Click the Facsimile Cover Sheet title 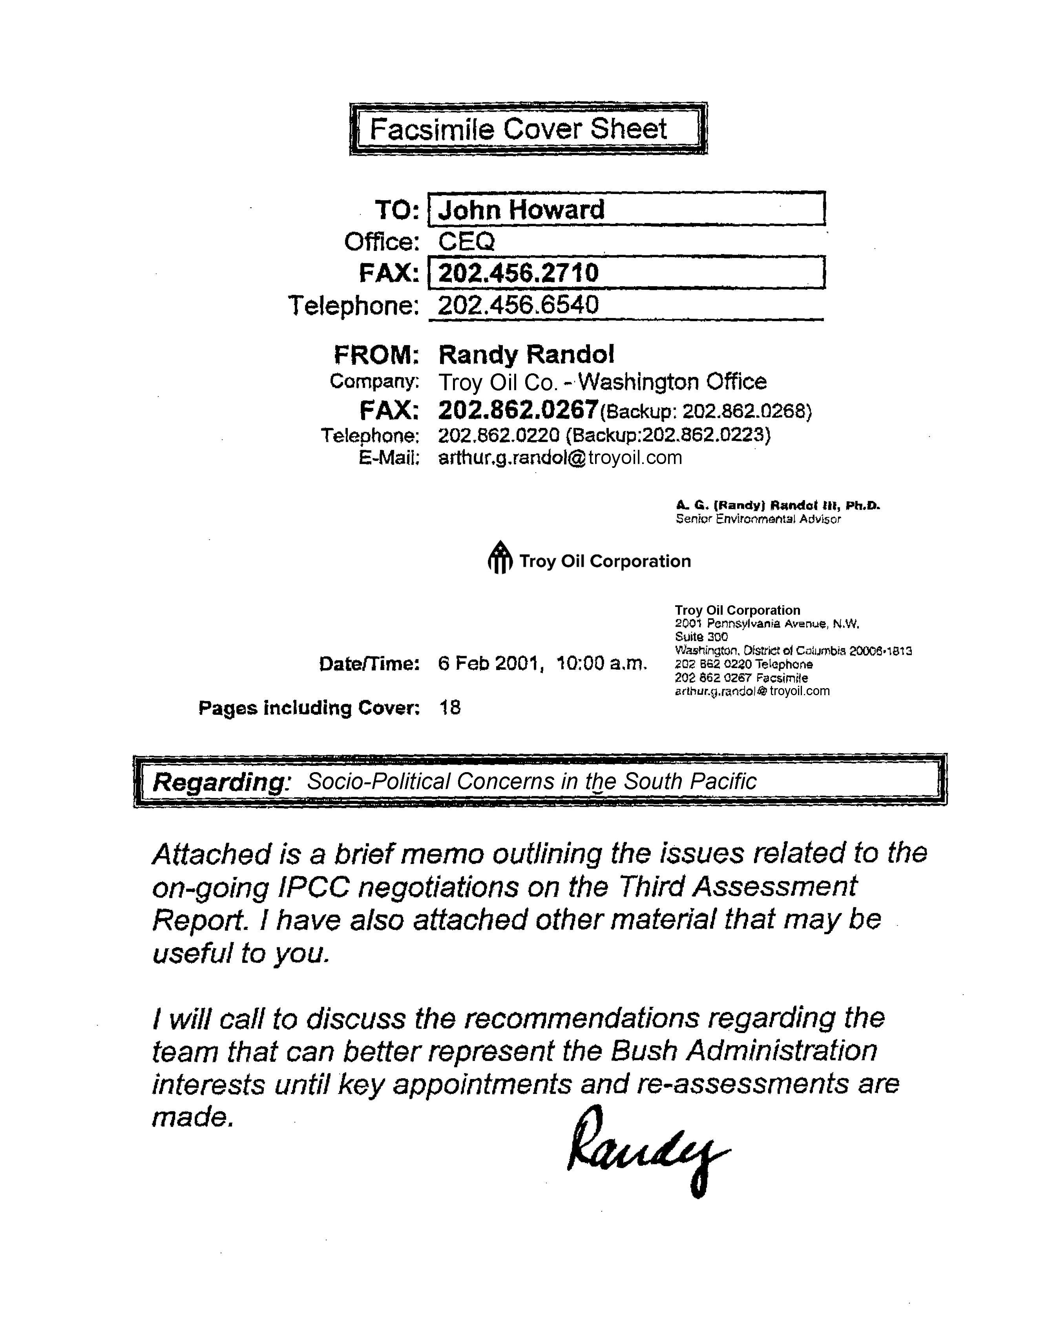pos(518,129)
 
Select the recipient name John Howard pos(521,210)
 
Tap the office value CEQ pos(466,241)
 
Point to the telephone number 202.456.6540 pos(517,305)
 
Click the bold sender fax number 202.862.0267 pos(518,409)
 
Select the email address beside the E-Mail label pos(560,458)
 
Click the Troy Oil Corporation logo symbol pos(500,557)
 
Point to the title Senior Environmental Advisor pos(758,519)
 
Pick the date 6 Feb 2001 pos(488,664)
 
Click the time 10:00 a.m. pos(601,664)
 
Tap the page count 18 pos(449,708)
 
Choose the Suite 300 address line pos(701,637)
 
